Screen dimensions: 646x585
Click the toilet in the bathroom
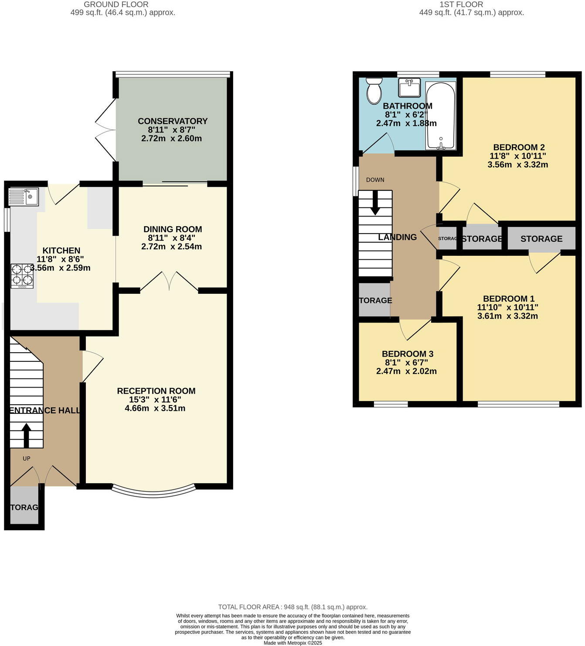(x=374, y=91)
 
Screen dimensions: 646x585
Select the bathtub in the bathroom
(x=440, y=116)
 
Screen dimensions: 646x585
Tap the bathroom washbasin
(x=409, y=87)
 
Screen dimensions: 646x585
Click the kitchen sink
(x=24, y=196)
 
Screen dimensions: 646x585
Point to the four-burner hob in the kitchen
(x=22, y=276)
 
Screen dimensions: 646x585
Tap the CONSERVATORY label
(x=173, y=121)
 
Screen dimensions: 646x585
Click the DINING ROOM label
(x=173, y=229)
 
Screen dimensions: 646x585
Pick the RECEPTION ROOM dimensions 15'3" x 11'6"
(x=155, y=400)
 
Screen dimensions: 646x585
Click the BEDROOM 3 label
(x=408, y=354)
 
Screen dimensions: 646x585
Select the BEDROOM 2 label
(x=519, y=147)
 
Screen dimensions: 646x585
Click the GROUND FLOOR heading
(x=116, y=4)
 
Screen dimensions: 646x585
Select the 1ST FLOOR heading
(x=461, y=4)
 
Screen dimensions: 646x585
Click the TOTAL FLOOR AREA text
(x=292, y=607)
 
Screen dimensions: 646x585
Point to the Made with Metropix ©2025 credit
(x=292, y=643)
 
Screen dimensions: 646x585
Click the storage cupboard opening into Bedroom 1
(x=541, y=239)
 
